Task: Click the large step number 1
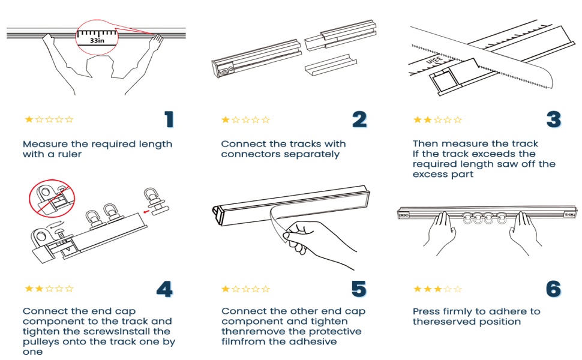(x=169, y=119)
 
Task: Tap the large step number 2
(x=359, y=119)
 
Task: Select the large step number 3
(x=553, y=119)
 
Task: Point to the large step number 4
(x=164, y=289)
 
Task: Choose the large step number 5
(x=358, y=289)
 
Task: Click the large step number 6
(x=553, y=289)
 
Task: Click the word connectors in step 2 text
(x=247, y=154)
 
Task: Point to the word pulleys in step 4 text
(x=40, y=341)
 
